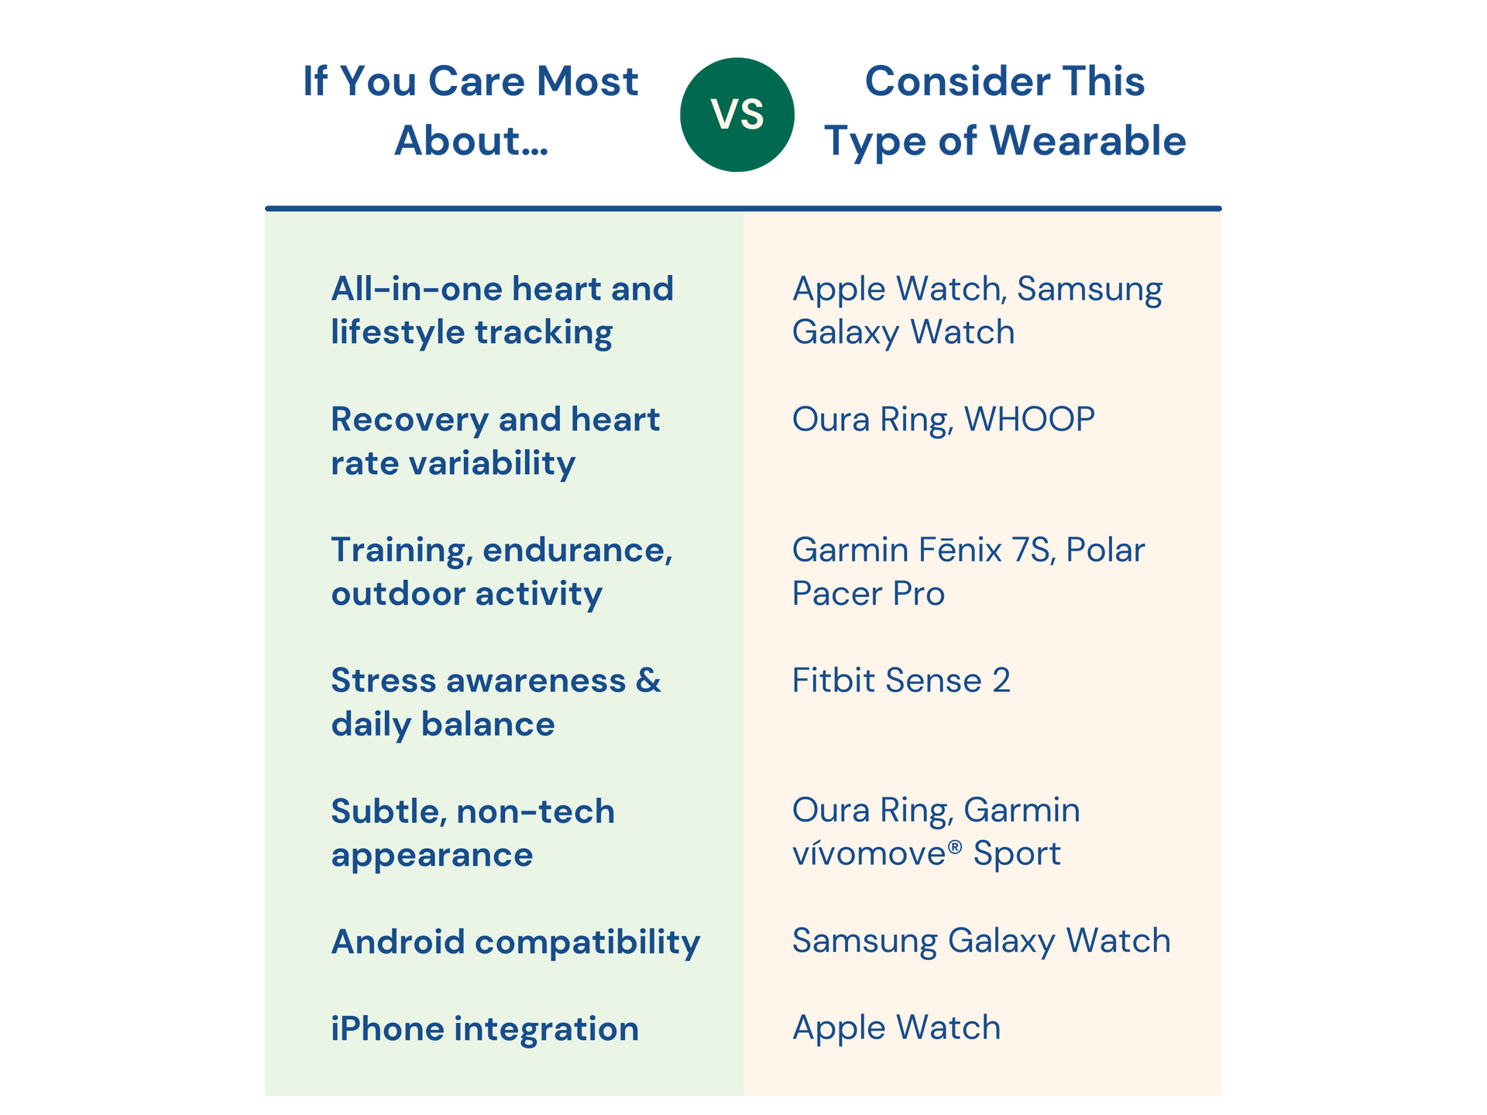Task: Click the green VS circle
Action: coord(737,115)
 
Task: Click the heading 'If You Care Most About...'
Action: coord(471,111)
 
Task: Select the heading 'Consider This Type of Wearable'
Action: coord(1004,111)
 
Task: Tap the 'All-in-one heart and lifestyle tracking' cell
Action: coord(502,310)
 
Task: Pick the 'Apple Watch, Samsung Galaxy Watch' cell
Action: coord(977,310)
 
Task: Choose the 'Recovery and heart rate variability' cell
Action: coord(495,441)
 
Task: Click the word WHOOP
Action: coord(1029,420)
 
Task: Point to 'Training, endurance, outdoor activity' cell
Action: coord(502,571)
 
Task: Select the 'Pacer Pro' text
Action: coord(868,594)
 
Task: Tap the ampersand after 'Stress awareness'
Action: coord(648,681)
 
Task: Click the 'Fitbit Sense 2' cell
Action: coord(901,681)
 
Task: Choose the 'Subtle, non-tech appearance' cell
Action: coord(472,833)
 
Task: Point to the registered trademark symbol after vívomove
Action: coord(955,846)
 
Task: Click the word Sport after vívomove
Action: coord(1017,854)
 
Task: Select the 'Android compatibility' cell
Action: coord(515,942)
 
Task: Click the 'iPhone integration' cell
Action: coord(485,1029)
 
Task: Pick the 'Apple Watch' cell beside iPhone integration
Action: coord(896,1028)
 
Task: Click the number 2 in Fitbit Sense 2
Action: coord(1001,681)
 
